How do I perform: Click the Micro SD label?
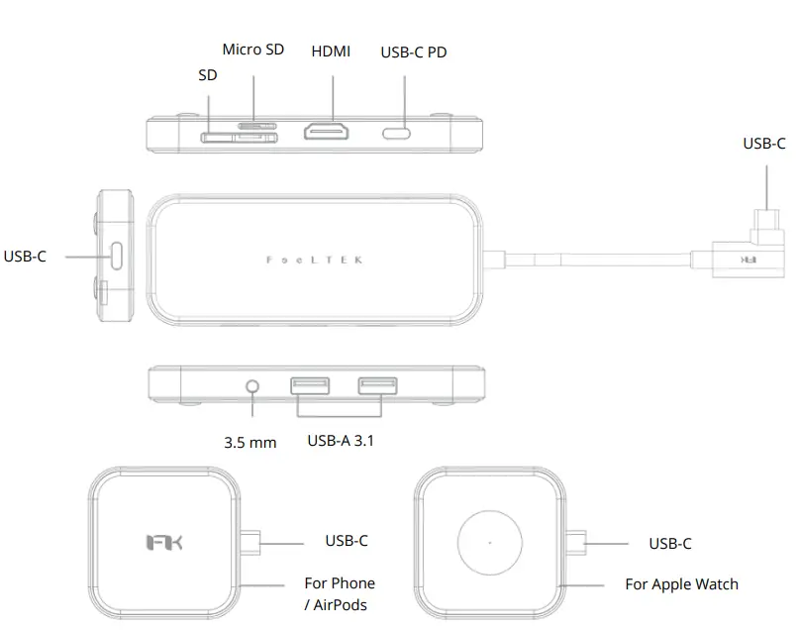(252, 50)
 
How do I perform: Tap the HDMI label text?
(331, 52)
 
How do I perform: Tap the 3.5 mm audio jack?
(255, 383)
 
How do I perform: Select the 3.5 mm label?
(250, 442)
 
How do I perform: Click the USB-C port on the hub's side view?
(117, 256)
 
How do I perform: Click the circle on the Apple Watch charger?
(490, 543)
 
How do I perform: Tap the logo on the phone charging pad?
(163, 543)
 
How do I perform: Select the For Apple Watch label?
(681, 584)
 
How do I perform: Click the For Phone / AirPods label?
(339, 592)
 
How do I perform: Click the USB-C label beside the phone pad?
(347, 541)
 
